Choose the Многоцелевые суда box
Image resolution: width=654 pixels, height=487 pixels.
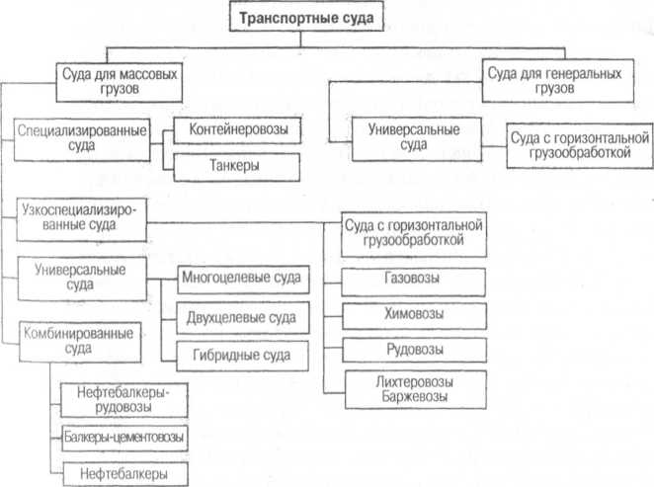tap(239, 280)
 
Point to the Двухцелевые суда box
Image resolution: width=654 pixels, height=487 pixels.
tap(239, 317)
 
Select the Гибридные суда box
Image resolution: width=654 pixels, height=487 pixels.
tap(239, 355)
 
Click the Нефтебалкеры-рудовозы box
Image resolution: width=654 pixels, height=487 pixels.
tap(123, 400)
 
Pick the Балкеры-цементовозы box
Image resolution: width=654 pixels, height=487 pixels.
tap(123, 436)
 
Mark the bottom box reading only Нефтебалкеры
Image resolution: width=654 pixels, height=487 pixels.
tap(123, 471)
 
